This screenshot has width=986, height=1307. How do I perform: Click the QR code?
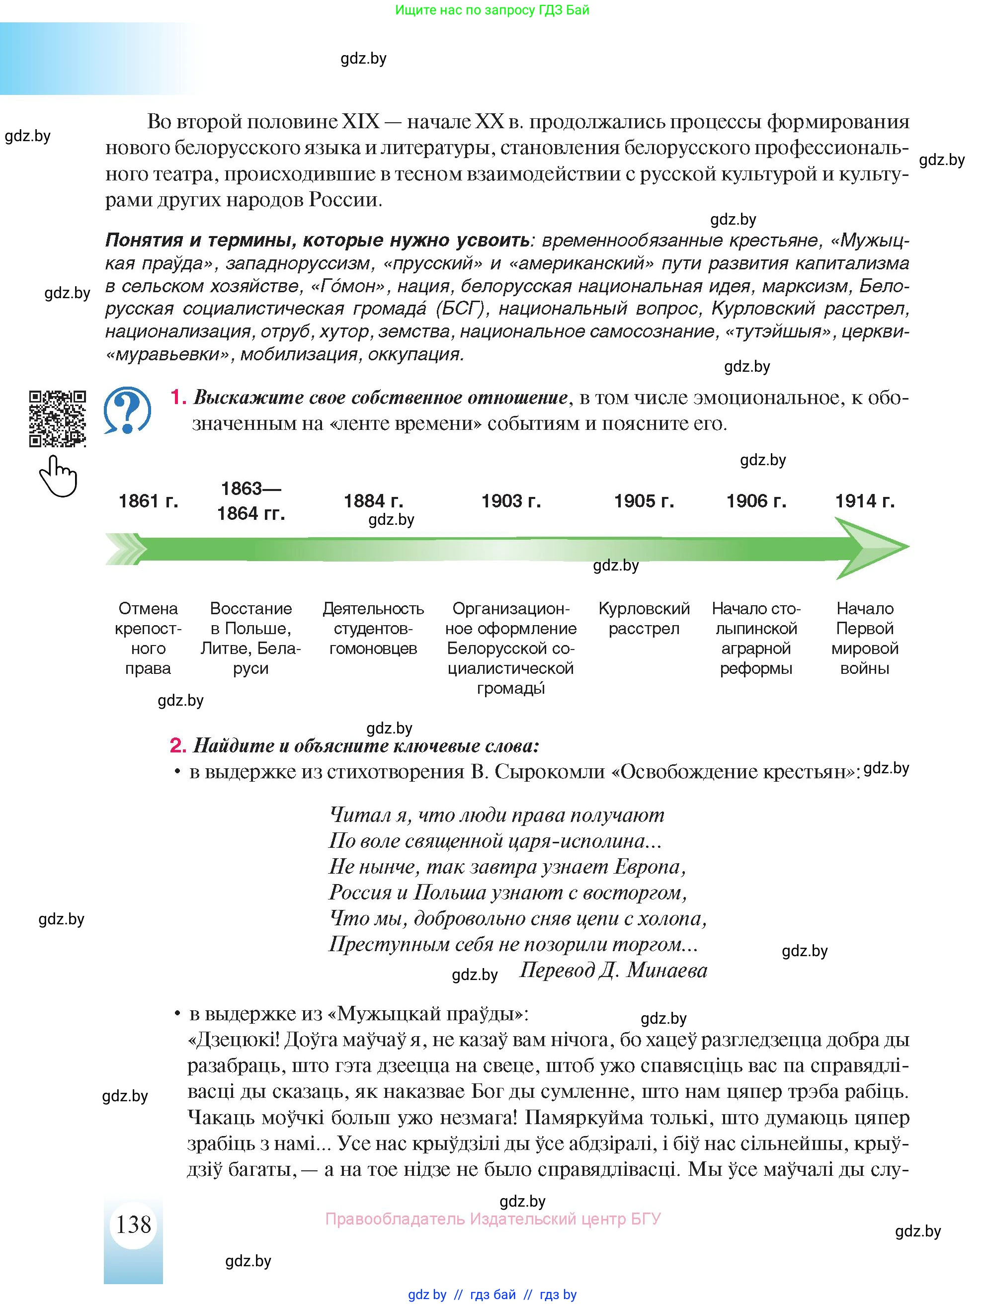click(57, 418)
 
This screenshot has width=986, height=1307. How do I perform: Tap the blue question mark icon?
click(127, 410)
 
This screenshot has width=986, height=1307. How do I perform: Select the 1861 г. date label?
click(148, 501)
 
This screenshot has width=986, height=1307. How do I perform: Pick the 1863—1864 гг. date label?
click(250, 500)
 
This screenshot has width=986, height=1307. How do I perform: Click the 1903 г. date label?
click(511, 501)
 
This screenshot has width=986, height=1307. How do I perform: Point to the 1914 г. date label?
click(864, 501)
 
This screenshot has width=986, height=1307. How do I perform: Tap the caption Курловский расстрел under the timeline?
click(644, 618)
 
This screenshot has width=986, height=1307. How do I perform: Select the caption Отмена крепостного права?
click(148, 638)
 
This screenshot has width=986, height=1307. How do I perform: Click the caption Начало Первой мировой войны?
click(864, 638)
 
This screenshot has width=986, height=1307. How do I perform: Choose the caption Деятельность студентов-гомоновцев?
click(373, 628)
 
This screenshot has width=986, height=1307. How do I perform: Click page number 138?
click(134, 1225)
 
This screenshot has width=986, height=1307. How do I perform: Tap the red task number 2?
click(178, 745)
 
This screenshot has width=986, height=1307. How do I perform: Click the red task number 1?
click(178, 398)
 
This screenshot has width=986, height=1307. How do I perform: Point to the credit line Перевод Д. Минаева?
click(613, 970)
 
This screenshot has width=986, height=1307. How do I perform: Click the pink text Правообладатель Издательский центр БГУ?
click(493, 1219)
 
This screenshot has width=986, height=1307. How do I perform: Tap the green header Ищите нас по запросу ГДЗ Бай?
click(492, 10)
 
